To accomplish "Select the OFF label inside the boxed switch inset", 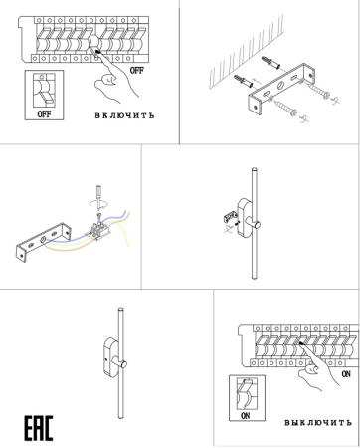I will click(x=43, y=113).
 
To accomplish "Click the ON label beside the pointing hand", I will click(x=345, y=375).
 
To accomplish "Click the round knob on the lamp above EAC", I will click(x=117, y=364).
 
